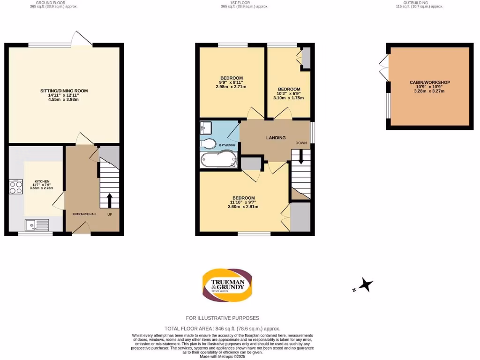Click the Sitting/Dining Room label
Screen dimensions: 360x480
click(64, 91)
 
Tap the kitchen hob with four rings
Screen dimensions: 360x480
click(15, 187)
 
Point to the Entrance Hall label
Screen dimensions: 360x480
click(84, 214)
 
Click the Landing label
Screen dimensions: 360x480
click(276, 138)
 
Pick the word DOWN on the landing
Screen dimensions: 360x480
click(301, 142)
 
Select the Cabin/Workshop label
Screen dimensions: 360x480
click(429, 82)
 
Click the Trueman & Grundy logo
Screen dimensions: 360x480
click(227, 285)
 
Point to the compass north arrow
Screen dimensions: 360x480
click(365, 285)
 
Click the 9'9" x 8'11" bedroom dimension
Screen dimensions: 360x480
click(231, 82)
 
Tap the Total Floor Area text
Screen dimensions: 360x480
click(222, 329)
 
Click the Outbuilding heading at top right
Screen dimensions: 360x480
click(412, 3)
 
